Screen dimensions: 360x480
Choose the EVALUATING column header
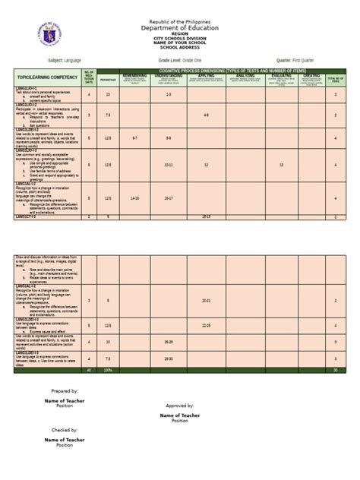(x=281, y=76)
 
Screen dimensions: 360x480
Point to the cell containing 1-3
(x=168, y=95)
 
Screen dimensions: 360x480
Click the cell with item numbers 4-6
(x=206, y=115)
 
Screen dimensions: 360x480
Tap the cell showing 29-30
(x=168, y=358)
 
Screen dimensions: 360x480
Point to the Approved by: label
(x=179, y=406)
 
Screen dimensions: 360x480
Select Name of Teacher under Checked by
(x=65, y=439)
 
